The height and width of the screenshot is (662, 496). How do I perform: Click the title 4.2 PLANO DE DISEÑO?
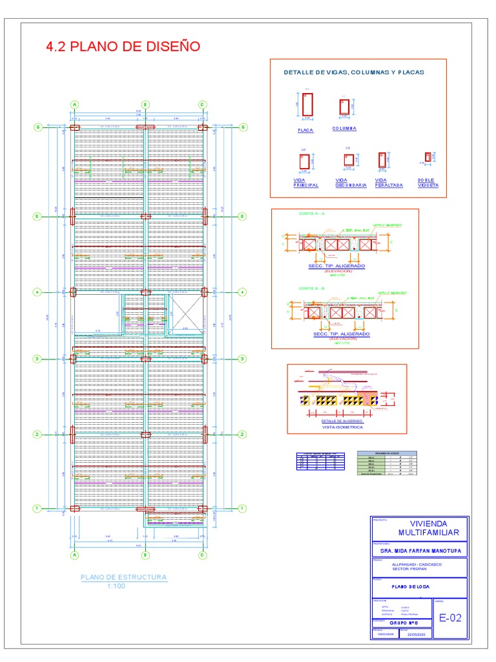click(x=123, y=47)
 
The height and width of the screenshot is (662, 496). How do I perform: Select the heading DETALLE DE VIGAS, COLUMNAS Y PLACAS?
click(x=354, y=72)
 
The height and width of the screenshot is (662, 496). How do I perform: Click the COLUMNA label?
click(x=344, y=129)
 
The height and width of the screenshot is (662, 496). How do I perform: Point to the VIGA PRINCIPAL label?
click(x=305, y=182)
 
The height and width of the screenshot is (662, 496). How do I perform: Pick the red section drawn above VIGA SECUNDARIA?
click(x=347, y=160)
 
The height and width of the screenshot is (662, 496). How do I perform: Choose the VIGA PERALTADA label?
click(x=389, y=182)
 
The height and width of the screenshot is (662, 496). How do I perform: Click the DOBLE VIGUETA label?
click(x=428, y=182)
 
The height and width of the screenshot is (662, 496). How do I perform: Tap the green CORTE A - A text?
click(x=312, y=213)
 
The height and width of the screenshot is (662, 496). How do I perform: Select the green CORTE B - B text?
click(x=312, y=288)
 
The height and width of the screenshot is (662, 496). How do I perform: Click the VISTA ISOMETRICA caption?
click(x=342, y=427)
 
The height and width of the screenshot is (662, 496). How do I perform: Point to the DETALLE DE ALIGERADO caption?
click(x=342, y=421)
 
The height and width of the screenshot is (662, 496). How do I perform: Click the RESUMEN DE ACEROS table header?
click(x=387, y=453)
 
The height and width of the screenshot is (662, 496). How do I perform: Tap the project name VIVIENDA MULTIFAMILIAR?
click(x=428, y=528)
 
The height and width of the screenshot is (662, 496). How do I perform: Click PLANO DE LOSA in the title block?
click(x=411, y=586)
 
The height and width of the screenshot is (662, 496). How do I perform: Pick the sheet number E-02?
click(x=450, y=618)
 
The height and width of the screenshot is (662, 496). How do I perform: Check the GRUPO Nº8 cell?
click(x=403, y=623)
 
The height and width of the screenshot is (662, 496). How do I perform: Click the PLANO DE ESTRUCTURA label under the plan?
click(x=123, y=577)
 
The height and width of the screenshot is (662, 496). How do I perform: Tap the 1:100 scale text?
click(x=116, y=586)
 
